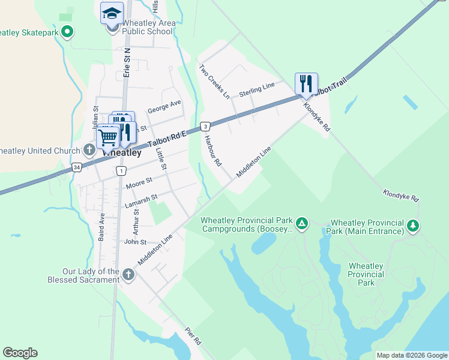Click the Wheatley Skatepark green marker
67,31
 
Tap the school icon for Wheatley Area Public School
112,13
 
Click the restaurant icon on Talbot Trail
306,83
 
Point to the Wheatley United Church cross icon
89,149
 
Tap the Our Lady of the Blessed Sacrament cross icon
128,275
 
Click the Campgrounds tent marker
303,224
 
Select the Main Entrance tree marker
412,226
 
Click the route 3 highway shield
205,126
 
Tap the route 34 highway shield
76,167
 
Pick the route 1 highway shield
121,171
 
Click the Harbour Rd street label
213,150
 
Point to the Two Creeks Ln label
214,82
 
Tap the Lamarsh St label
141,200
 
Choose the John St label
135,242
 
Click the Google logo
20,353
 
